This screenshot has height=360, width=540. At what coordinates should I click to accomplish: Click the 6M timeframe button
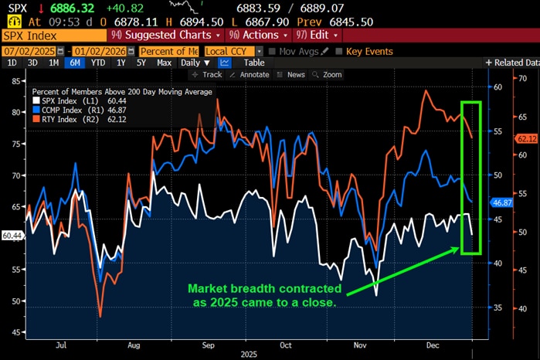pyautogui.click(x=76, y=63)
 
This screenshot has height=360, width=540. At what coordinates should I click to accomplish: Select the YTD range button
pyautogui.click(x=97, y=63)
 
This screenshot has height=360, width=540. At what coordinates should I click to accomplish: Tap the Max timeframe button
pyautogui.click(x=163, y=63)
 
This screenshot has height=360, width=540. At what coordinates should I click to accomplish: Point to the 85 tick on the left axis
pyautogui.click(x=15, y=80)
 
